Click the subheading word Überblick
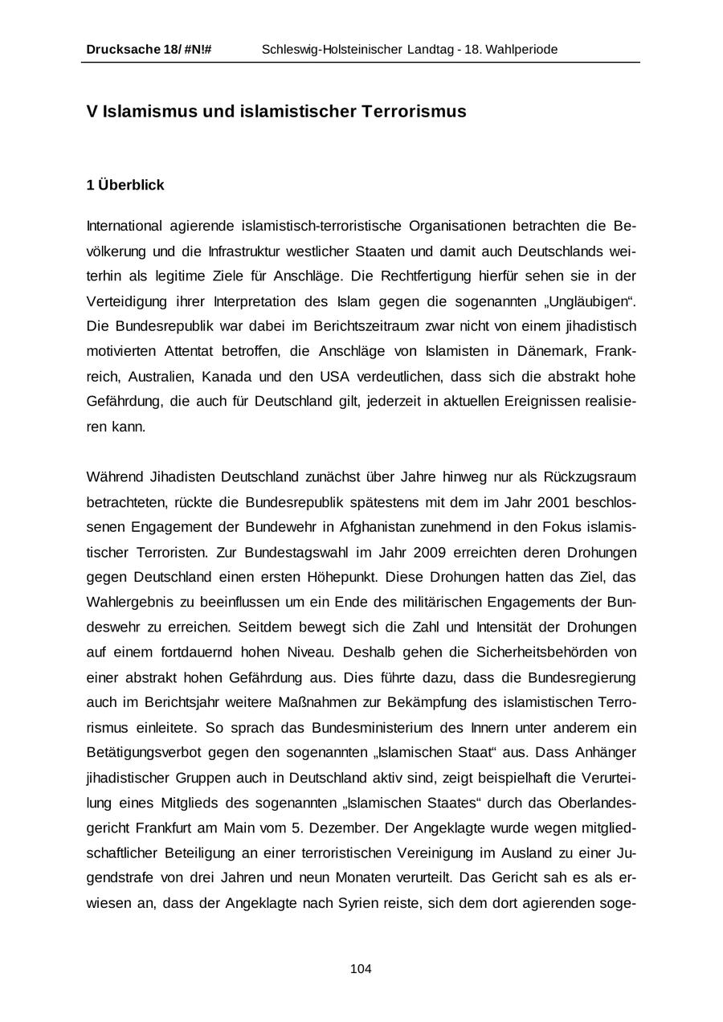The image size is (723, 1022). pos(131,186)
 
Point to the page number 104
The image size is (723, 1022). pos(361,969)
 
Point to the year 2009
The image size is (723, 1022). pos(437,552)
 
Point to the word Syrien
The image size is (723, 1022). pos(360,902)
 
